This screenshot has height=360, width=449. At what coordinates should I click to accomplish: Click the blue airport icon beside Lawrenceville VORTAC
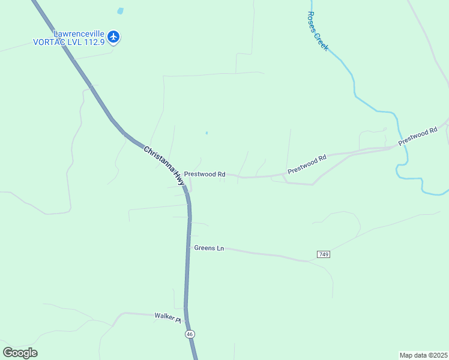(113, 37)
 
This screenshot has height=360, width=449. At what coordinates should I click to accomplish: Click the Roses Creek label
(317, 31)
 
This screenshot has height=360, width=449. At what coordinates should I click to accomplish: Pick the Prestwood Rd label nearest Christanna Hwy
(204, 174)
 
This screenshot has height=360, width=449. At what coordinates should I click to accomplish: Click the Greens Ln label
(209, 248)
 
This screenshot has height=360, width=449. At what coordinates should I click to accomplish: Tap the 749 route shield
(324, 254)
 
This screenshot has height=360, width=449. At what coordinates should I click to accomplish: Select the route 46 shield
(190, 334)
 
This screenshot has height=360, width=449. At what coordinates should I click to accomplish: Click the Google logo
(20, 353)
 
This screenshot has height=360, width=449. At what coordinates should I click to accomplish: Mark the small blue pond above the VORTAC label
(121, 11)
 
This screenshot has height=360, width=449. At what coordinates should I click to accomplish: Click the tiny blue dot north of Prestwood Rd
(207, 133)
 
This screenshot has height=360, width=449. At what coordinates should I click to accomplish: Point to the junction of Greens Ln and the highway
(188, 247)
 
